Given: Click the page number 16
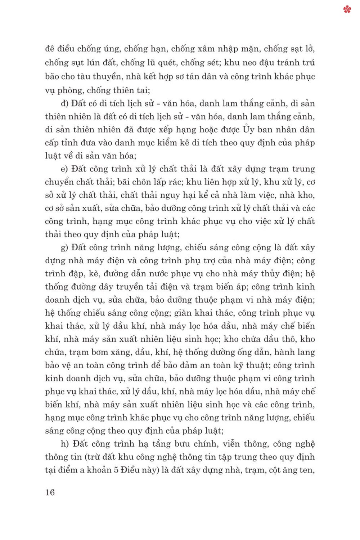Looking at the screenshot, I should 50,492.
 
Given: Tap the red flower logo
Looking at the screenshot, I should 347,9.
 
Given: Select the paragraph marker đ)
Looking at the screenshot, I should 65,104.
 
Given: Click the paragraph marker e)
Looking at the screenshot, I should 64,169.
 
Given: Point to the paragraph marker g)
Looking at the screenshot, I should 64,248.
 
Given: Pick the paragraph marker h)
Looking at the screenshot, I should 65,444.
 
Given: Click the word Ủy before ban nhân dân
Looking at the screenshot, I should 248,130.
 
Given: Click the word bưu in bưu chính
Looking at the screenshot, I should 182,444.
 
